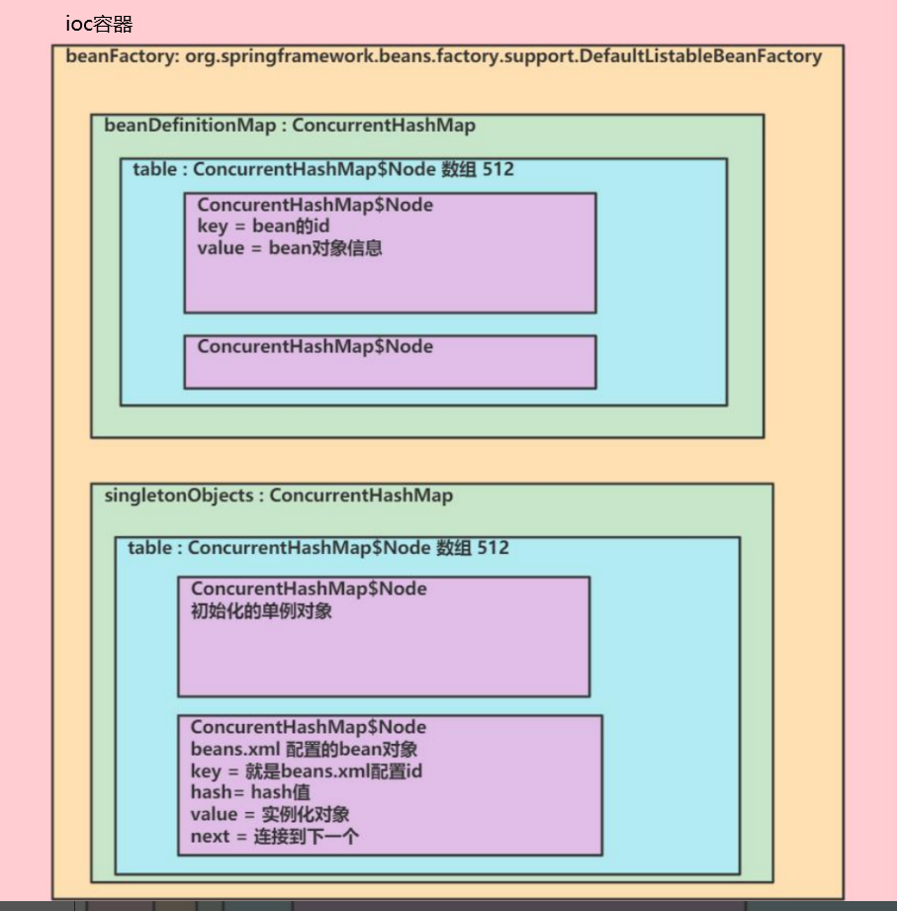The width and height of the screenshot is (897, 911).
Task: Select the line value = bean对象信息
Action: pyautogui.click(x=290, y=248)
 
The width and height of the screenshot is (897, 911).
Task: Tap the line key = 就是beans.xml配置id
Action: pyautogui.click(x=308, y=771)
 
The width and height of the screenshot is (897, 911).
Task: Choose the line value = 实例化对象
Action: pyautogui.click(x=270, y=814)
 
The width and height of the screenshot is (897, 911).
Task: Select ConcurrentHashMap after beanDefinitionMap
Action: pyautogui.click(x=384, y=126)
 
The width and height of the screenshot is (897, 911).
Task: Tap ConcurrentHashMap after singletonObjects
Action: pyautogui.click(x=361, y=496)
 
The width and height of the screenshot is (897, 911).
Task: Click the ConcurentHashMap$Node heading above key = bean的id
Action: pyautogui.click(x=315, y=205)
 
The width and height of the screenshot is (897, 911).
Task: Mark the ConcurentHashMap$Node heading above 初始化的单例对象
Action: pyautogui.click(x=309, y=589)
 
